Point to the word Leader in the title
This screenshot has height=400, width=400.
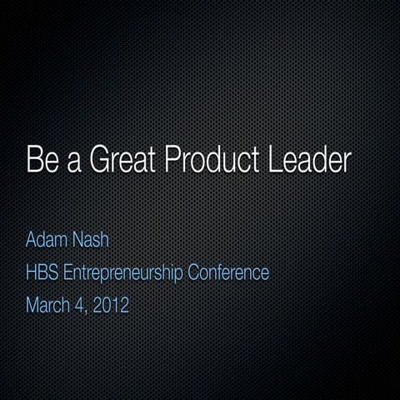click(311, 160)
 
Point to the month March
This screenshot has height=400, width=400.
click(47, 304)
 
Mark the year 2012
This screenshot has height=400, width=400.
click(111, 304)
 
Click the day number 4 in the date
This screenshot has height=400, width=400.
click(78, 304)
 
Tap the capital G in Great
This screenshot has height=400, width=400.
click(99, 160)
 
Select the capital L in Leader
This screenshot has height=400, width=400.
click(275, 160)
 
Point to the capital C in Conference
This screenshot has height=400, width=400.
click(198, 272)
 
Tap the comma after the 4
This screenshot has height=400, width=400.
click(85, 311)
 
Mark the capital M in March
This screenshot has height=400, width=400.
click(32, 304)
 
